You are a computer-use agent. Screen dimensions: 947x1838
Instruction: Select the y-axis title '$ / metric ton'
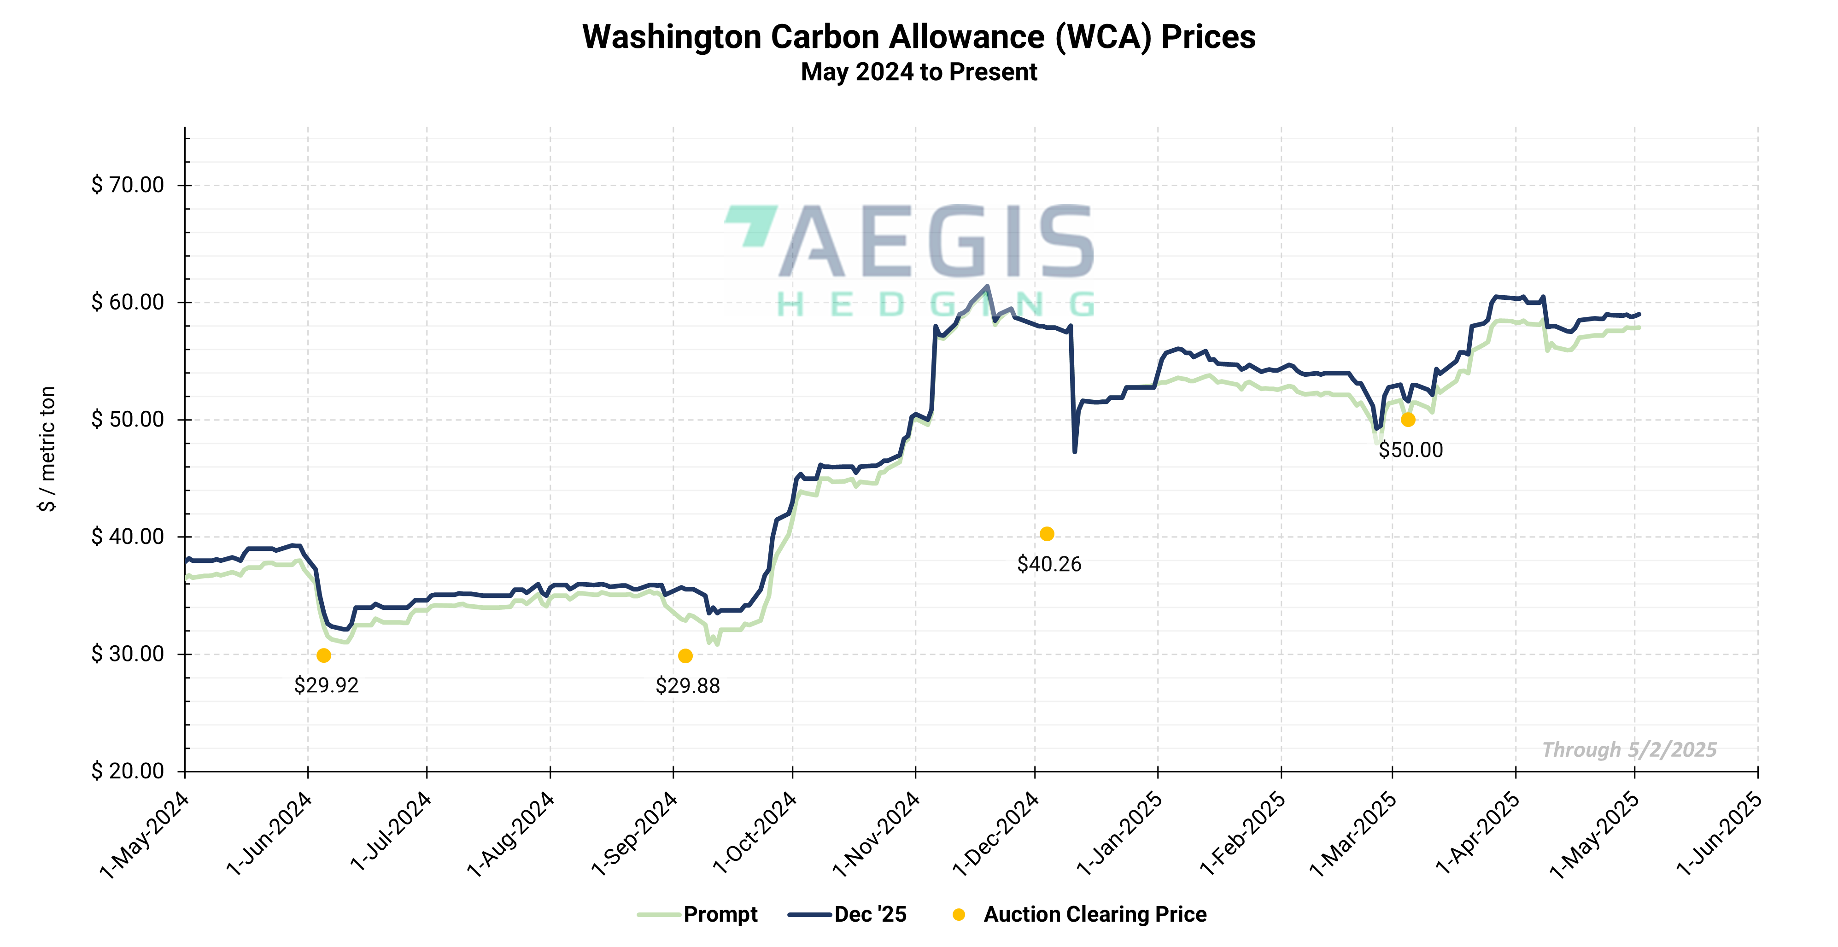coord(47,449)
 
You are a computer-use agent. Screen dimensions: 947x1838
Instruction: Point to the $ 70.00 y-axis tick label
coord(128,185)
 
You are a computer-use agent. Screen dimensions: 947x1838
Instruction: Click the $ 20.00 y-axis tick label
coord(128,771)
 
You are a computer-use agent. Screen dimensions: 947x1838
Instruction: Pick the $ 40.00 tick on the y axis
coord(128,537)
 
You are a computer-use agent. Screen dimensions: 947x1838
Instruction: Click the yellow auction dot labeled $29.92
coord(324,655)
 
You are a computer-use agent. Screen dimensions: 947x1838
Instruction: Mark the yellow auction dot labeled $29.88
coord(685,656)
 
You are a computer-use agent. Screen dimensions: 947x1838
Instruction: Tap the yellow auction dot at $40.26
coord(1047,534)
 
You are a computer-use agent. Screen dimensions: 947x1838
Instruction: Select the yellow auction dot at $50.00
coord(1408,420)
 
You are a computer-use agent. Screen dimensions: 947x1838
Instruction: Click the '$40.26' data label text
coord(1049,565)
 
